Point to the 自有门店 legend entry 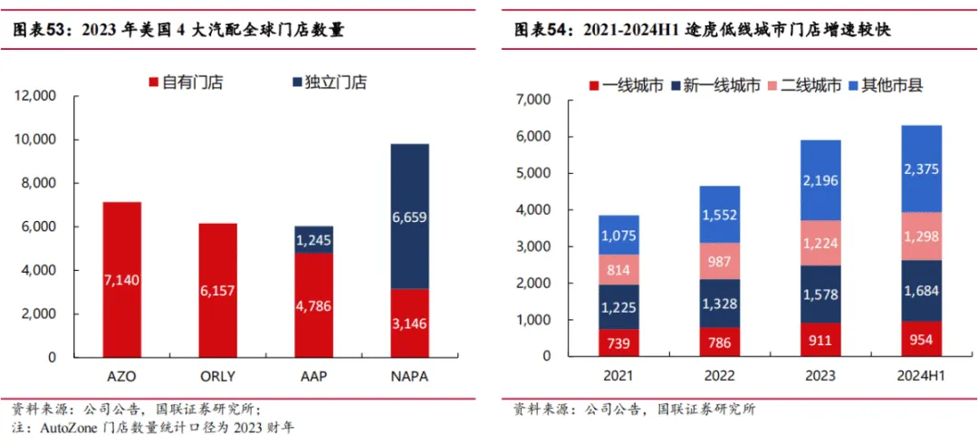pos(185,82)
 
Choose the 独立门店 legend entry pos(330,82)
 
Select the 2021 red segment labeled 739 pos(618,342)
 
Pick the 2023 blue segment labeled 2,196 pos(820,180)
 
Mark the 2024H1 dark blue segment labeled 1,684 pos(921,291)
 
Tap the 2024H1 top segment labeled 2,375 pos(921,169)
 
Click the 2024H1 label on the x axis pos(921,376)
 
